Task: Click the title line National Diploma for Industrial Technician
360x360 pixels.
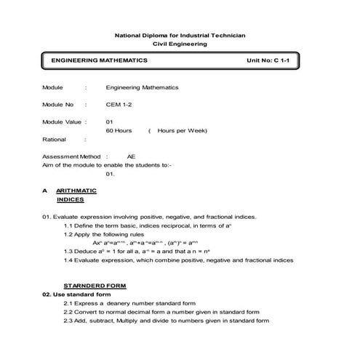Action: click(x=180, y=35)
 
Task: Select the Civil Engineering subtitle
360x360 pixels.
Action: click(x=180, y=44)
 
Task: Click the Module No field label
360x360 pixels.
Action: click(x=58, y=105)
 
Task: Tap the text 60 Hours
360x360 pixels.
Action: click(x=119, y=130)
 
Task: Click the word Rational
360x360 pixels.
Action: click(x=55, y=139)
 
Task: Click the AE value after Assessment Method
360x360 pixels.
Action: click(x=131, y=156)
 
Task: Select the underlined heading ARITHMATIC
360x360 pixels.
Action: click(x=76, y=191)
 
